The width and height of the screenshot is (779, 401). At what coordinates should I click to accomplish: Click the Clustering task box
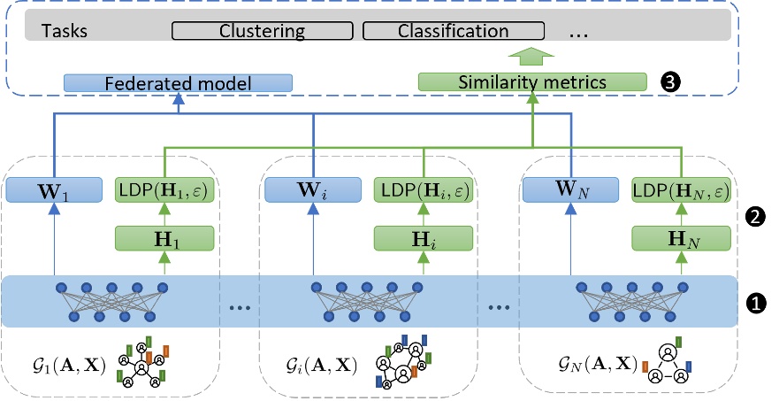262,31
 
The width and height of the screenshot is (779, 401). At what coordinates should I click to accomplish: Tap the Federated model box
179,83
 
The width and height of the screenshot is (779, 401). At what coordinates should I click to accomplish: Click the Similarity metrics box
531,82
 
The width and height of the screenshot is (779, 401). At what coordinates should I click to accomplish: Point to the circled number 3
671,82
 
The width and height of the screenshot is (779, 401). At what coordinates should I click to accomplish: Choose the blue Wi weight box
313,189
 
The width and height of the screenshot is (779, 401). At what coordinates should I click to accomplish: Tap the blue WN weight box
571,189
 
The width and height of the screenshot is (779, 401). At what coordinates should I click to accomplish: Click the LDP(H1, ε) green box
165,189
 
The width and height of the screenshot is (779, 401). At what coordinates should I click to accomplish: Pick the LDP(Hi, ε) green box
424,189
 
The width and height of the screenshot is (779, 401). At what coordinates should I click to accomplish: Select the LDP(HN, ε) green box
682,189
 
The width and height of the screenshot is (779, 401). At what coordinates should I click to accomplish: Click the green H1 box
165,237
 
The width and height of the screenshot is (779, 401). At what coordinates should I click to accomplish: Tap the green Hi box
424,237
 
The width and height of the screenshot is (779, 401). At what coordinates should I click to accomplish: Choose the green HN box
682,237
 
